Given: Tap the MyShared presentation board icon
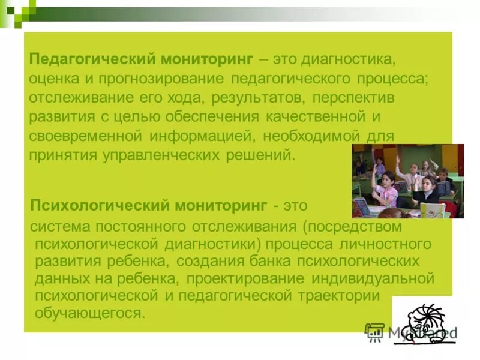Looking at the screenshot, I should point(374,331).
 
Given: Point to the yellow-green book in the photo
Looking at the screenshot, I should point(432,210).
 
